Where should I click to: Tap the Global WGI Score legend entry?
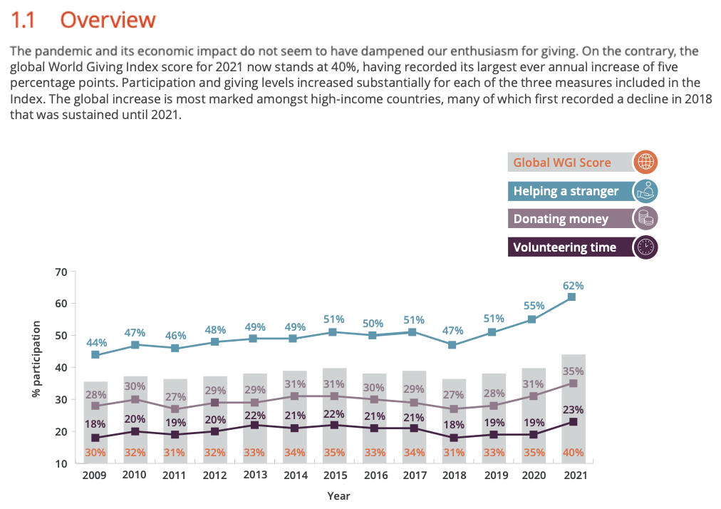562,163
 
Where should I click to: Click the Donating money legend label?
561,219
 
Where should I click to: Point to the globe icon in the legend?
645,162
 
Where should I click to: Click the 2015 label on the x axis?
334,475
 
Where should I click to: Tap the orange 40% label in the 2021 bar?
574,452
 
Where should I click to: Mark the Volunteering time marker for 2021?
572,422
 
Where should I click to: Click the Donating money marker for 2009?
95,406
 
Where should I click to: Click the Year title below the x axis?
338,495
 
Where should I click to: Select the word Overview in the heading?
108,20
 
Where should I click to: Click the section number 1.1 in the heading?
25,20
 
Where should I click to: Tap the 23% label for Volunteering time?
574,410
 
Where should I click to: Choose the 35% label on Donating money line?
574,371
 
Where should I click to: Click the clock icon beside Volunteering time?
645,247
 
